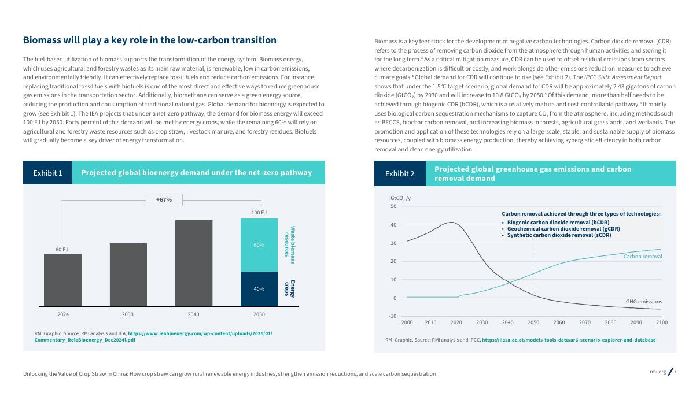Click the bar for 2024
click(62, 280)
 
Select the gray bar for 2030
click(128, 275)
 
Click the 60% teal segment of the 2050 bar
click(259, 245)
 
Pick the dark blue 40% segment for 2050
click(259, 288)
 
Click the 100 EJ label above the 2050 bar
click(259, 213)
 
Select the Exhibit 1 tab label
click(48, 173)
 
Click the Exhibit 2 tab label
click(400, 173)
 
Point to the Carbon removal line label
click(642, 256)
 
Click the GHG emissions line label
click(644, 302)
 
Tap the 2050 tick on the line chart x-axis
click(533, 322)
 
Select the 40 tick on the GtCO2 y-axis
click(393, 225)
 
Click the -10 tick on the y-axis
click(392, 316)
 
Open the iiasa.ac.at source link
click(569, 340)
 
